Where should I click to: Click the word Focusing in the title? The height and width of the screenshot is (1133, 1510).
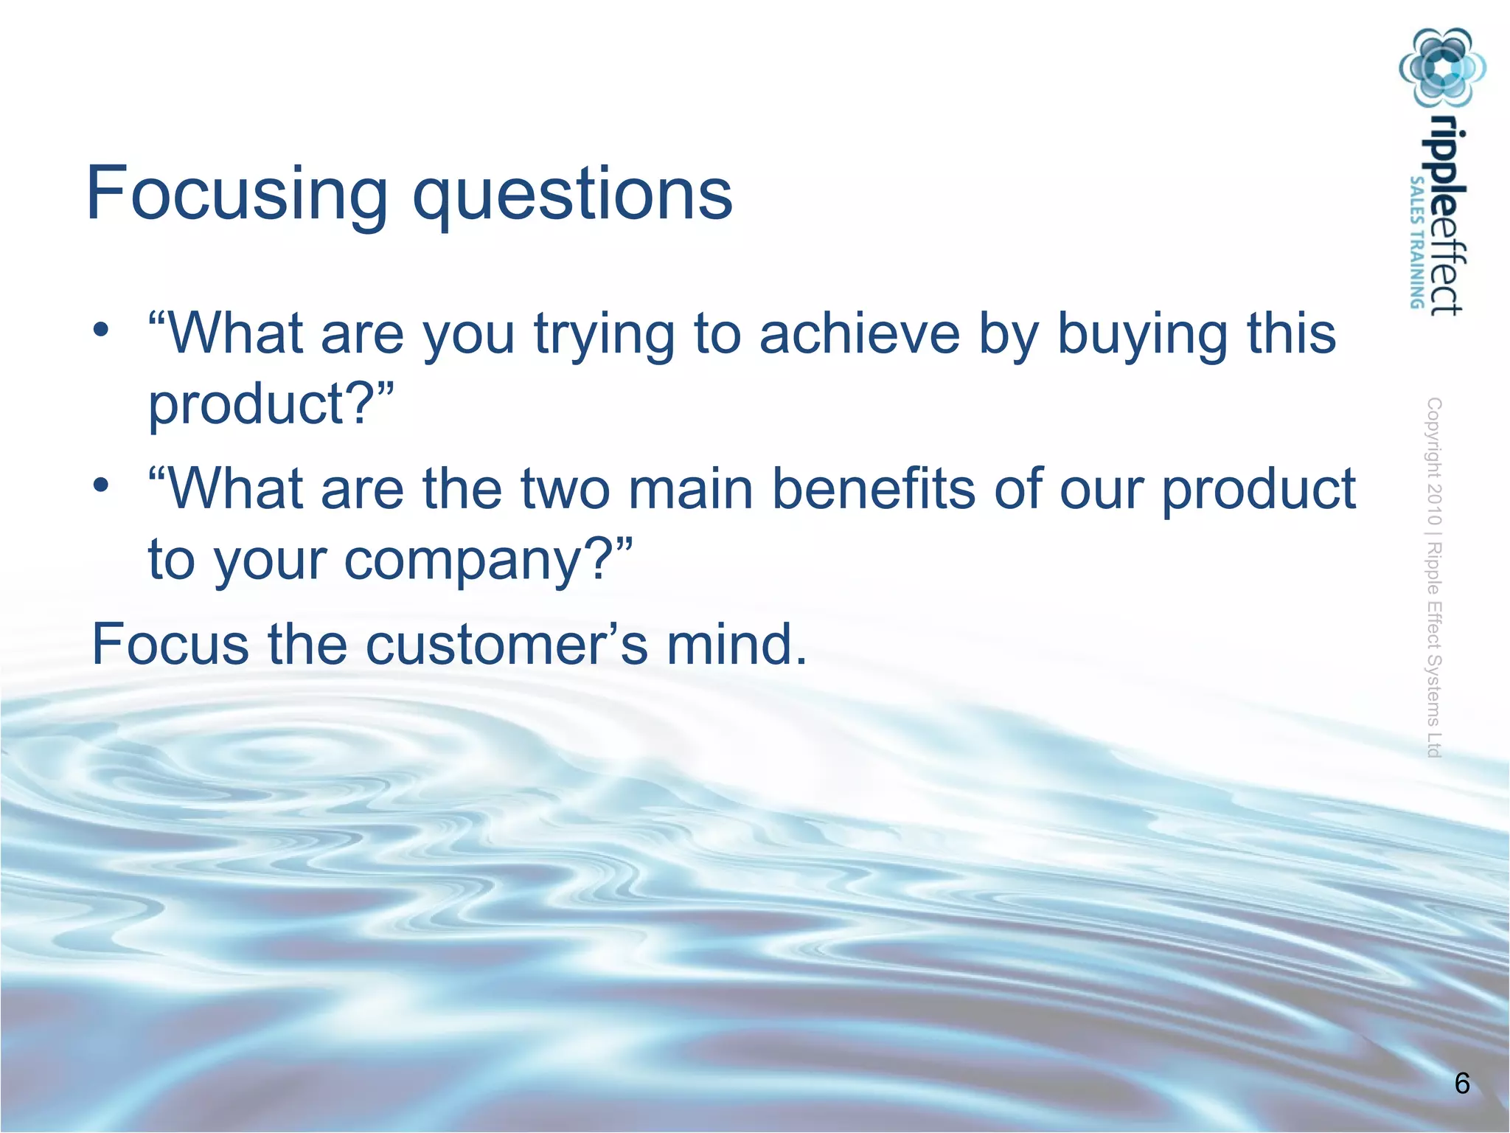click(236, 194)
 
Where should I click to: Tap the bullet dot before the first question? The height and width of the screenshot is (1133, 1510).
click(101, 328)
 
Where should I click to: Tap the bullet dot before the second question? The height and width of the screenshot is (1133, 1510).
click(101, 485)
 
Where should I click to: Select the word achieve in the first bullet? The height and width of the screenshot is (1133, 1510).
click(860, 333)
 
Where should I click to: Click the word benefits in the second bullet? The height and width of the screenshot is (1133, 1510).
click(873, 489)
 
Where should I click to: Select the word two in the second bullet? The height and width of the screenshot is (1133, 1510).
click(566, 491)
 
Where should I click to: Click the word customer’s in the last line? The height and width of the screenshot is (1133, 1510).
click(507, 645)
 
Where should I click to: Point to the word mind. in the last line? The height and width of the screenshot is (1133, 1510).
click(737, 645)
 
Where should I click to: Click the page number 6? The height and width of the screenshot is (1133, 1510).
click(1462, 1084)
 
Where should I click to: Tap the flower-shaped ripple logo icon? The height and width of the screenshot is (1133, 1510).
click(1442, 68)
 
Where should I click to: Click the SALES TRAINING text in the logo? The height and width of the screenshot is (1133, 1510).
click(1416, 242)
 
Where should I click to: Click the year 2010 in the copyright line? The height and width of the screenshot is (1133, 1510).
click(1434, 504)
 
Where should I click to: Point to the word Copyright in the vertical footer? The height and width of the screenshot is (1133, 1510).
click(1434, 437)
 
